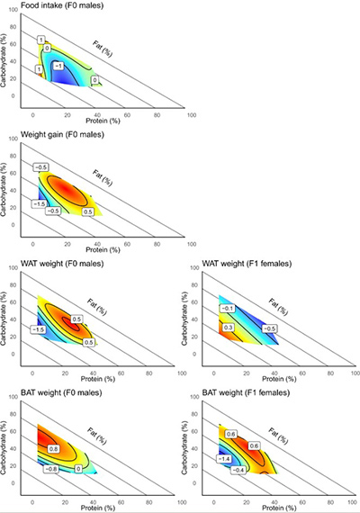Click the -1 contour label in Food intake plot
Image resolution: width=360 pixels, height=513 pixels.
tap(57, 66)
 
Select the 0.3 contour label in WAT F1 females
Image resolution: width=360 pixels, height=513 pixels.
tap(229, 328)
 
